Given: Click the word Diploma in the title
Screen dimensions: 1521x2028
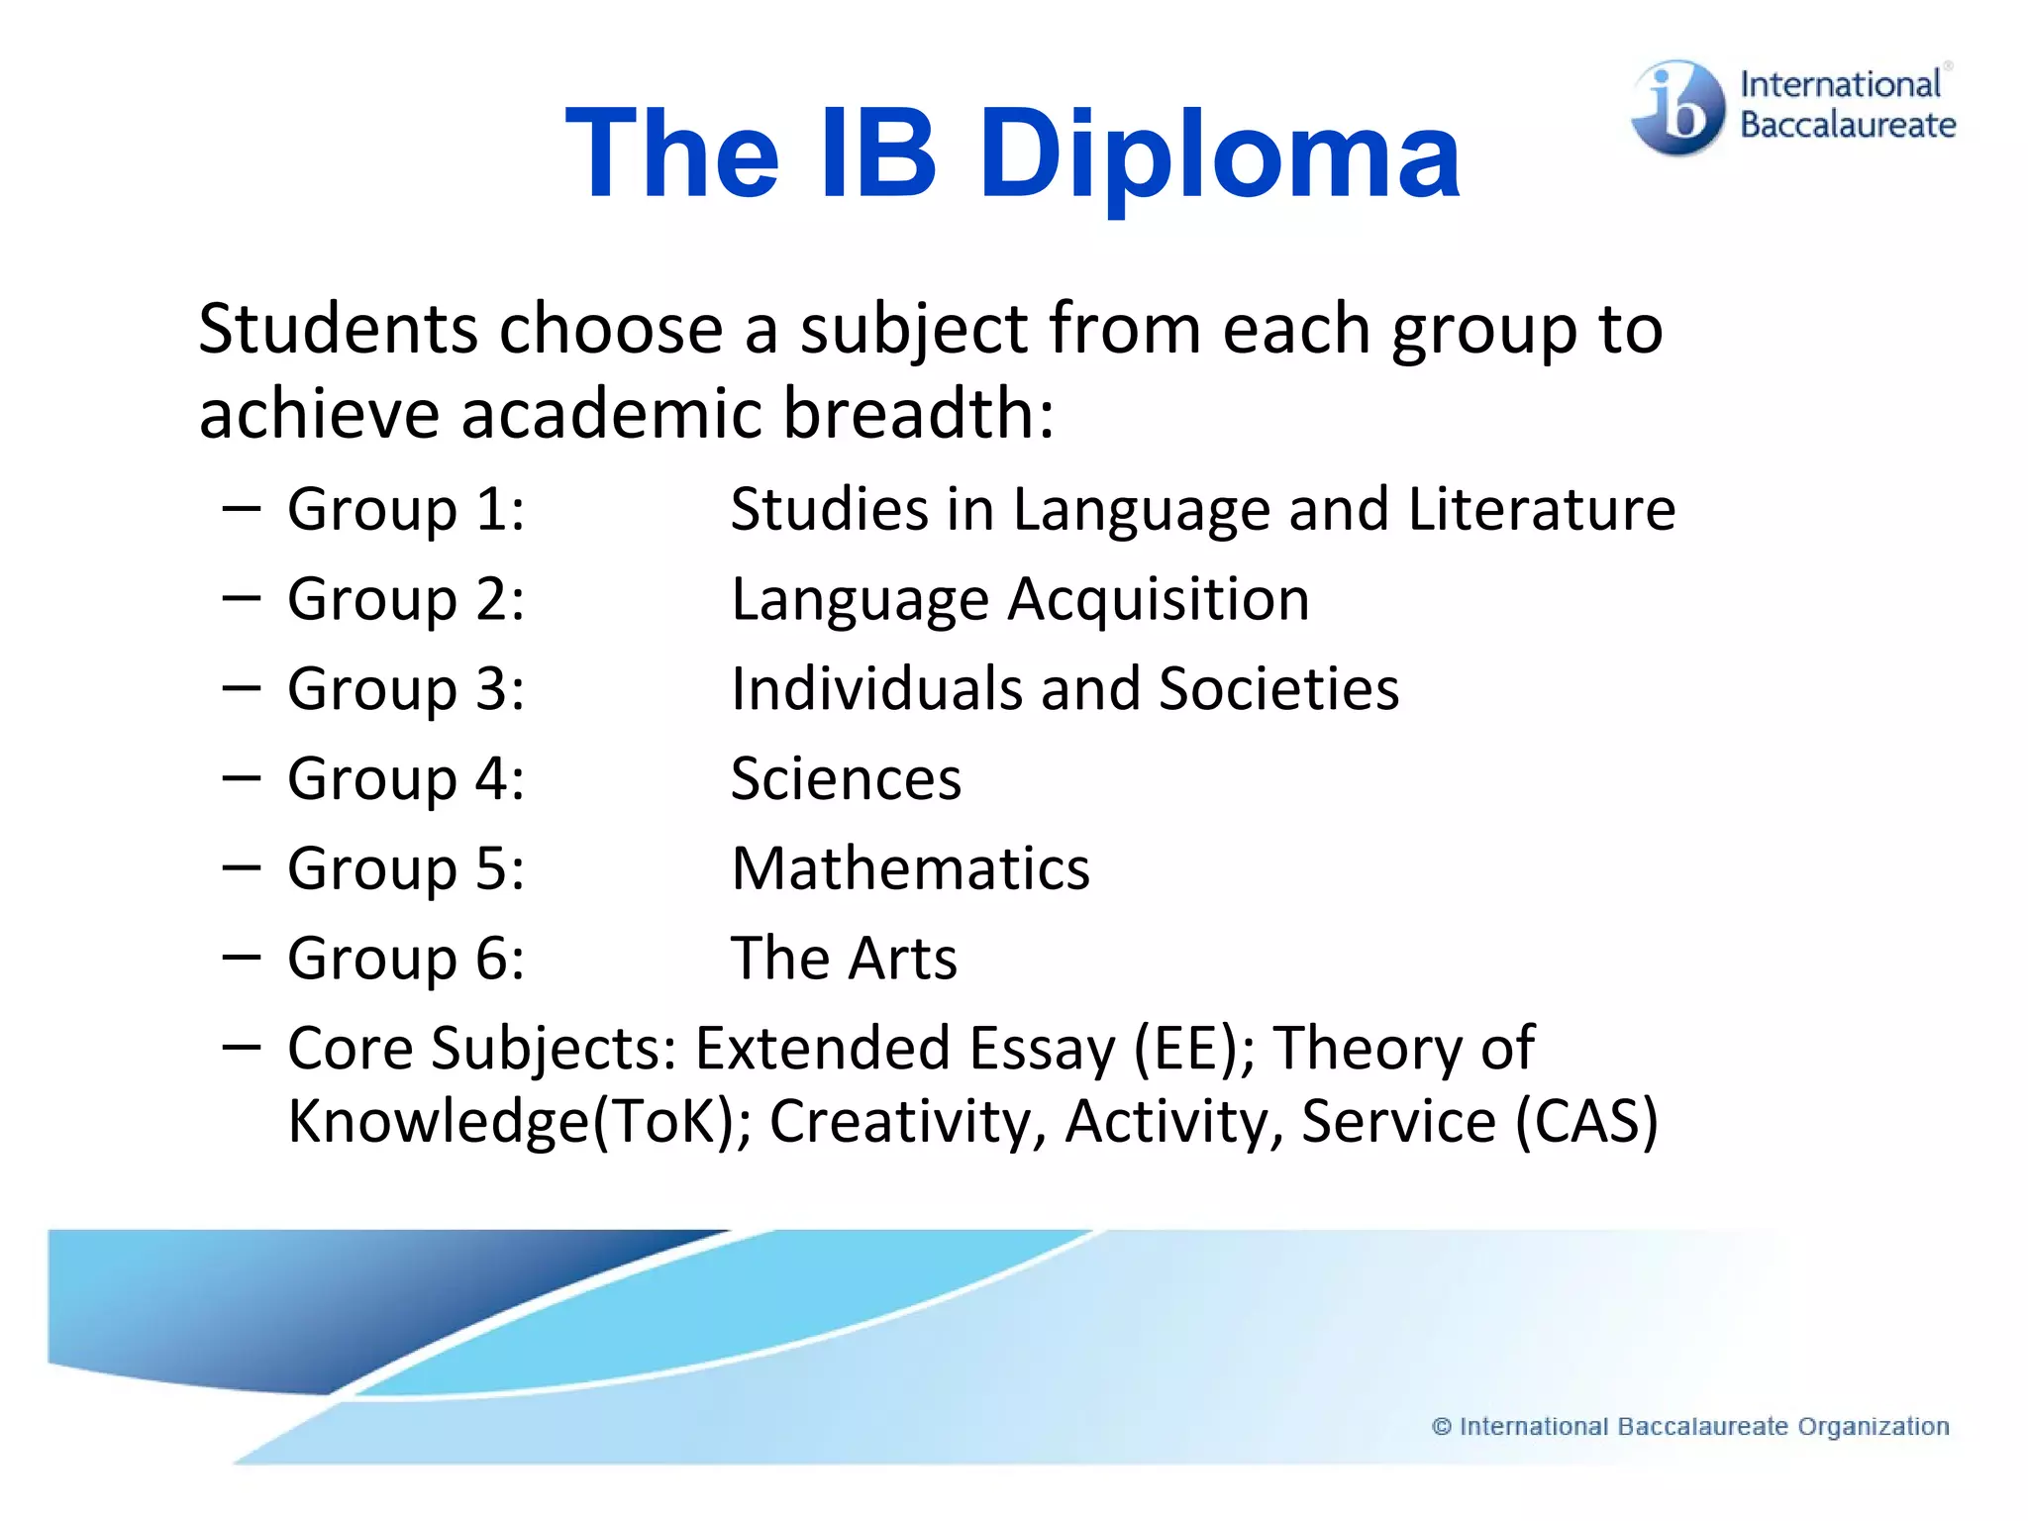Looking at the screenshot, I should coord(1219,156).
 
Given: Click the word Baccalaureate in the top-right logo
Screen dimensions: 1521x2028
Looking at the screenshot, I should coord(1848,126).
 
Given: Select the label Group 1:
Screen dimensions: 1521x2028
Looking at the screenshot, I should coord(406,510).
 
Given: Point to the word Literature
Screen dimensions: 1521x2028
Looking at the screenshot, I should coord(1541,509).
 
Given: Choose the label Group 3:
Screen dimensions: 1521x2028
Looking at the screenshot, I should coord(406,689).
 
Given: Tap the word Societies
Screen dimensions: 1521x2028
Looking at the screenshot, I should coord(1278,688).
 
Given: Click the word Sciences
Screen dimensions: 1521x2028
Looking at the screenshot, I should coord(846,778).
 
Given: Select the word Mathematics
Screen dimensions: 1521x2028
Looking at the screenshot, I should coord(910,868).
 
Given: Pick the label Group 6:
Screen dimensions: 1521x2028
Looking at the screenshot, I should coord(406,959).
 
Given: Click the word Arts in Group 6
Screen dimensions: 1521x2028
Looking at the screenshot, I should coord(902,959).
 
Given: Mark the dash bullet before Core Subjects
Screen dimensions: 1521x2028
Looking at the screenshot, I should coord(242,1046).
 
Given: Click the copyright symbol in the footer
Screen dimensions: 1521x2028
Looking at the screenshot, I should coord(1442,1427).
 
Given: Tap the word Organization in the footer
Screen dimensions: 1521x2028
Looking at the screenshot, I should coord(1874,1427).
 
